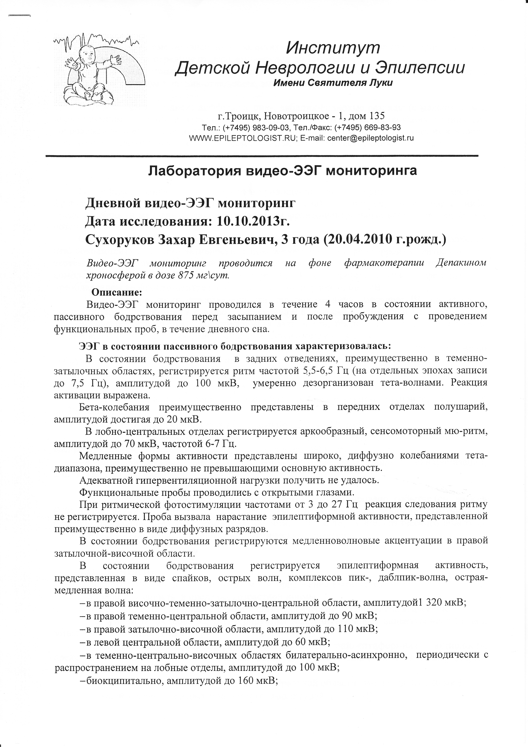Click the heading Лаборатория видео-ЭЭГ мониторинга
coord(282,171)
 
